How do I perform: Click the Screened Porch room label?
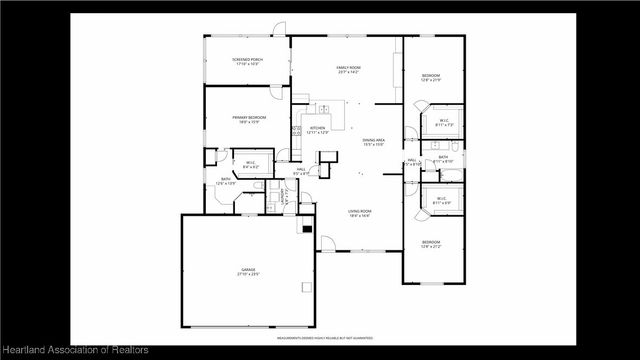[247, 62]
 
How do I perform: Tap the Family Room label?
[348, 69]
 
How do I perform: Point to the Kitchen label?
[317, 130]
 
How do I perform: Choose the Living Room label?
[360, 213]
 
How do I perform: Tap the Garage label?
[248, 271]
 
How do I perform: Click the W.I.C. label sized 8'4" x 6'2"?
[249, 165]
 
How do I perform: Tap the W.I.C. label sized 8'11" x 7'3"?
[444, 123]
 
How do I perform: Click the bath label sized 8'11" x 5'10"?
[444, 159]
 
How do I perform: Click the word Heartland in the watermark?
[28, 350]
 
